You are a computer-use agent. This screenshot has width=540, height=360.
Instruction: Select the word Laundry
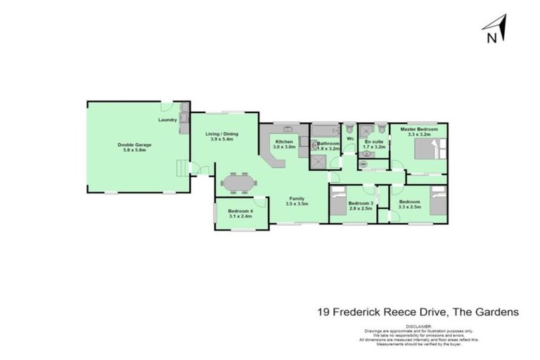(167, 120)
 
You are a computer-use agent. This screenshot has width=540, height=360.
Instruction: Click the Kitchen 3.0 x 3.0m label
(284, 143)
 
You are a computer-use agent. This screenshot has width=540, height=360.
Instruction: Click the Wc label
(350, 139)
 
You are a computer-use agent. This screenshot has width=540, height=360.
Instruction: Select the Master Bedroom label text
(419, 129)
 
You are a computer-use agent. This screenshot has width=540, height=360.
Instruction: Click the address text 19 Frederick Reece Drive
(375, 310)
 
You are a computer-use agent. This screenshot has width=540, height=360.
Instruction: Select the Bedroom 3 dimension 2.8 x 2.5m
(360, 209)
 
